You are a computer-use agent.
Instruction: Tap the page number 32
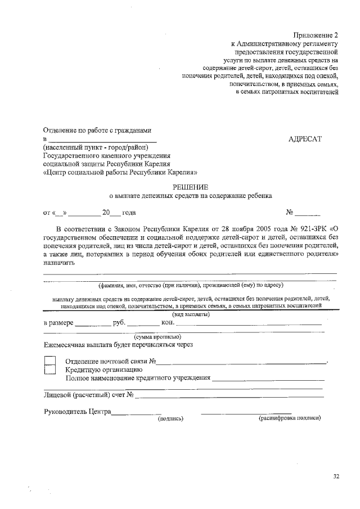coord(336,477)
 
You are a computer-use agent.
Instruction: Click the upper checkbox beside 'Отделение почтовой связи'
coord(50,360)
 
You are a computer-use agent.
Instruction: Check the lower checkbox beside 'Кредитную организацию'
coord(50,369)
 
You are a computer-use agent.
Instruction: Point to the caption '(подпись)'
coord(170,418)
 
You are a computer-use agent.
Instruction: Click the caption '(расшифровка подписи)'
coord(289,418)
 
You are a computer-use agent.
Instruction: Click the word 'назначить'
coord(58,262)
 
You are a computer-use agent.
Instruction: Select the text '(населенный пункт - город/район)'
coord(95,148)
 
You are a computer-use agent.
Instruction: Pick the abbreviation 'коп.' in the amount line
coord(169,323)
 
